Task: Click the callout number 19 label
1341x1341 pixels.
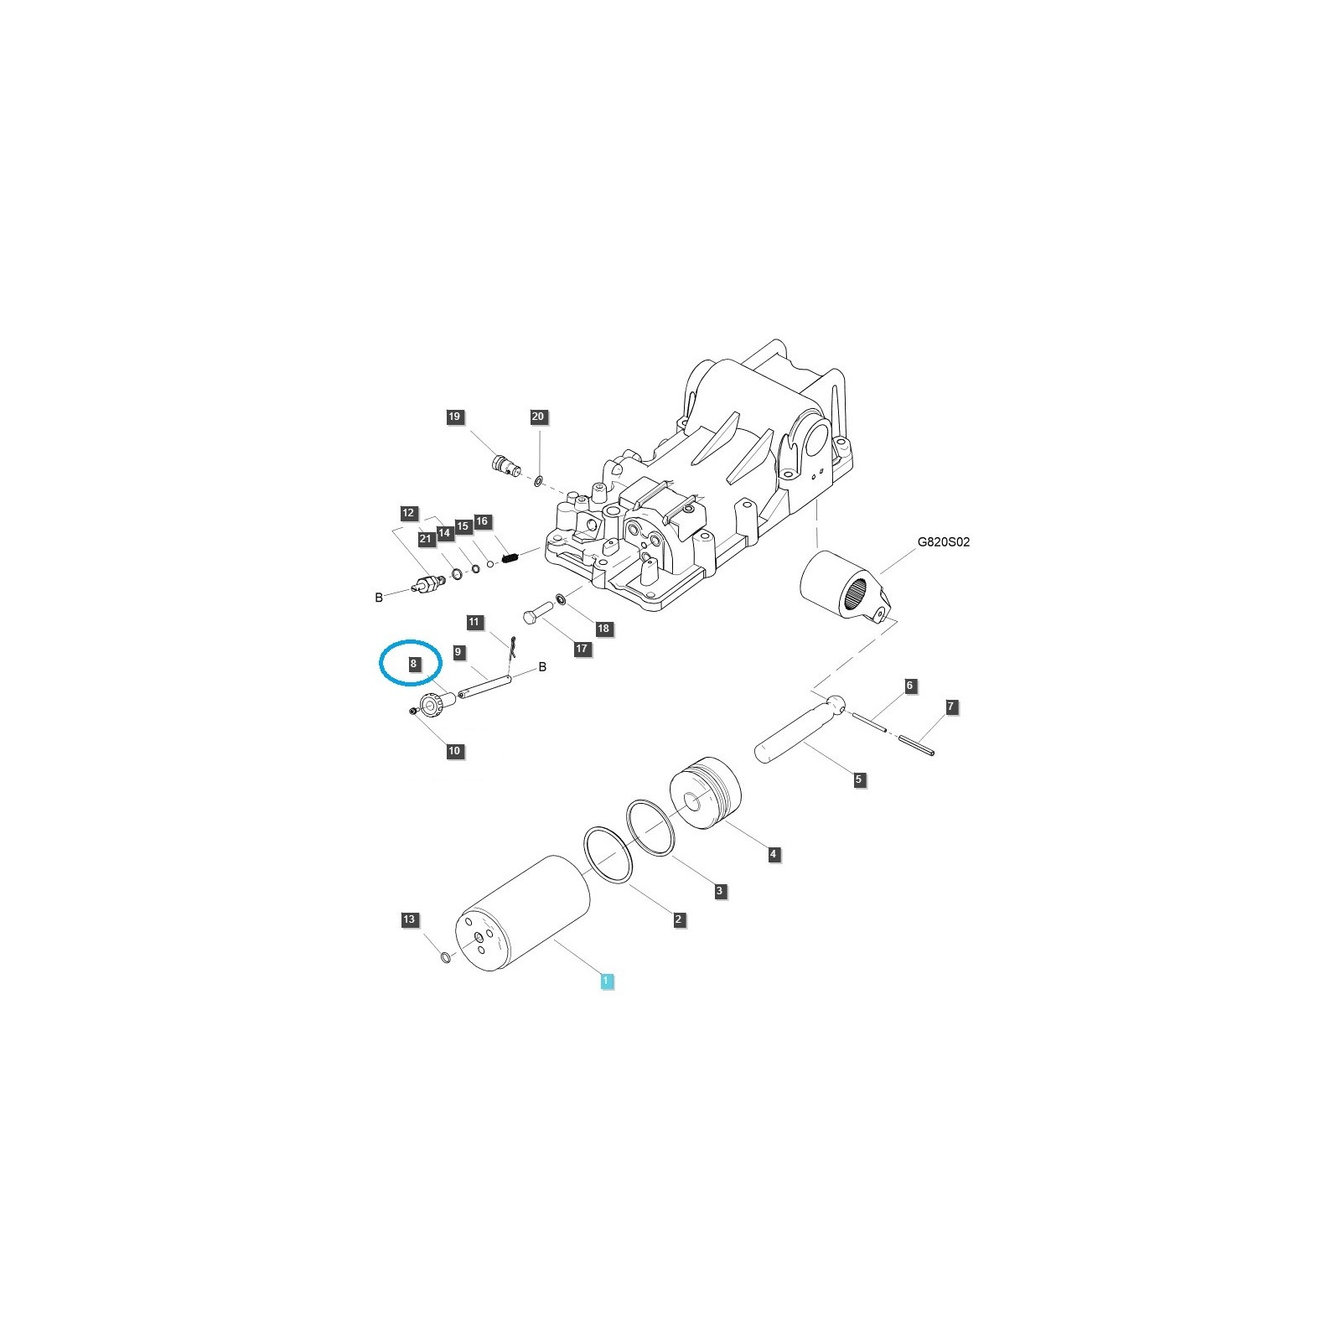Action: click(454, 417)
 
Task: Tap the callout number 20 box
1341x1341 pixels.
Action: click(538, 417)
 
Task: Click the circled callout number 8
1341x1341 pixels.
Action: click(413, 664)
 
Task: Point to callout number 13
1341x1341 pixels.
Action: click(408, 920)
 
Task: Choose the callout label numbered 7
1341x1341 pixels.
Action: click(950, 707)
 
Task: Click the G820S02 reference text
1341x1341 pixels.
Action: click(943, 542)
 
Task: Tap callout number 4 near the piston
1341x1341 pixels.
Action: click(774, 855)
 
